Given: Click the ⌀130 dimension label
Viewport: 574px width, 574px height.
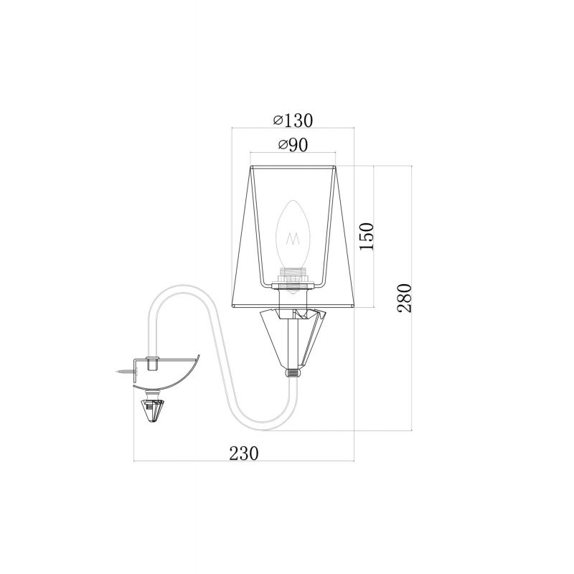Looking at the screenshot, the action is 293,121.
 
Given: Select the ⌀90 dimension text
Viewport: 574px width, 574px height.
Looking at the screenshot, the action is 293,145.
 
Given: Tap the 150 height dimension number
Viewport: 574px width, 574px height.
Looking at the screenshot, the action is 367,236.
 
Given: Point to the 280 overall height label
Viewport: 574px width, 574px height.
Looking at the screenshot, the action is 405,298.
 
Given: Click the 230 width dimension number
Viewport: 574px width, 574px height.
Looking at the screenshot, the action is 244,453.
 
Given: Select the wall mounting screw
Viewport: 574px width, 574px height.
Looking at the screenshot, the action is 126,372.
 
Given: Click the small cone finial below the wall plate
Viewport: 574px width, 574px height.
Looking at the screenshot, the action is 151,410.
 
